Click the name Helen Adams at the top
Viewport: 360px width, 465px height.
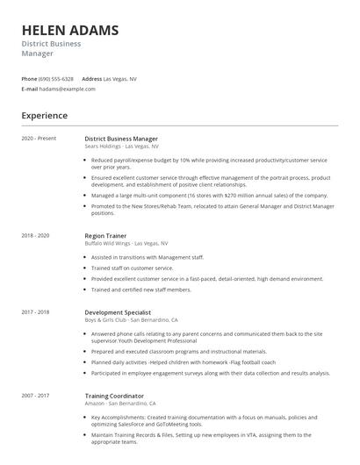69,31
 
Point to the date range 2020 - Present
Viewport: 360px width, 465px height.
39,139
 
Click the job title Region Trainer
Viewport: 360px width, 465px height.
106,235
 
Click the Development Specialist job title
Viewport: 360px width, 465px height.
118,311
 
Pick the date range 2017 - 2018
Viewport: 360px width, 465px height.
36,311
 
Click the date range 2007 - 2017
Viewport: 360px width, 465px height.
36,397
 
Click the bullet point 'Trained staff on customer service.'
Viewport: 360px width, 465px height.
134,268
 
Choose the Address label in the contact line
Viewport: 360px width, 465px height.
92,79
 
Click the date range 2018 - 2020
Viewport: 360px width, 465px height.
36,235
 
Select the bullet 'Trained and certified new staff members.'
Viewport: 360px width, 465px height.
140,289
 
